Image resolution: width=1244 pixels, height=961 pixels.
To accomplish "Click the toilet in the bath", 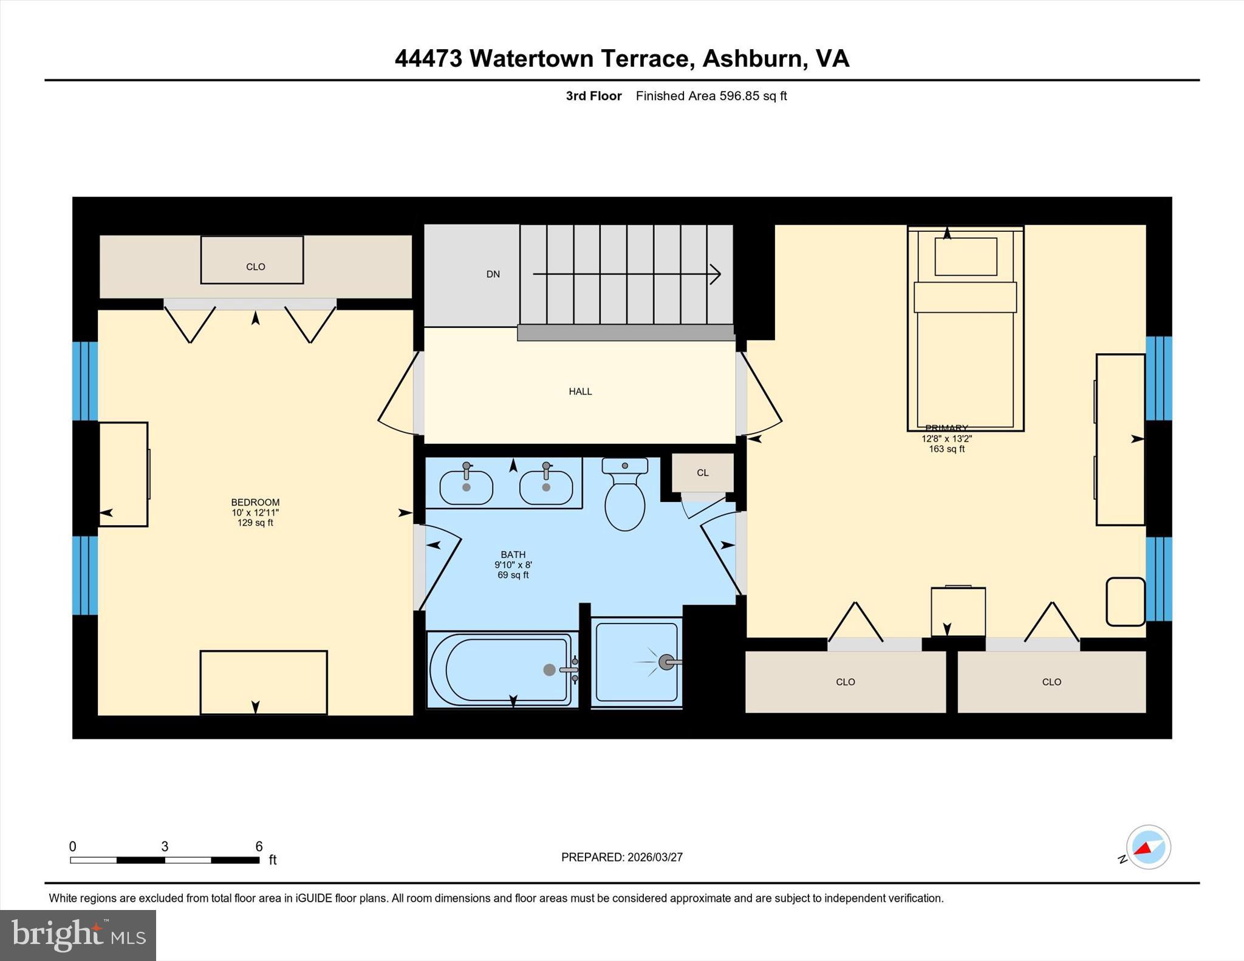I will click(624, 501).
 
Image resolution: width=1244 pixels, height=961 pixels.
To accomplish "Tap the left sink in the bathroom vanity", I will click(466, 487).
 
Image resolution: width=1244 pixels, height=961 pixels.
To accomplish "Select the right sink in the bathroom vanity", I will click(545, 487).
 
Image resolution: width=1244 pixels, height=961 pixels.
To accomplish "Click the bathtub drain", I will click(549, 670).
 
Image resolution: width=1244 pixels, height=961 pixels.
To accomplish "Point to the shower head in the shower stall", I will click(666, 662).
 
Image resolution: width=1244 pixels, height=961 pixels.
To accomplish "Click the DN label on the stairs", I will click(493, 274).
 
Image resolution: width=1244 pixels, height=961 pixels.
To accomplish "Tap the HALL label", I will click(580, 392).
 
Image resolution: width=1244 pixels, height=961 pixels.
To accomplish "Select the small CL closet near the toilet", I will click(702, 473).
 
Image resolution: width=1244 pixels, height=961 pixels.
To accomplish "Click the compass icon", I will click(1148, 847).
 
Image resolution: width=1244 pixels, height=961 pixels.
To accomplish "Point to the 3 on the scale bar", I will click(165, 846).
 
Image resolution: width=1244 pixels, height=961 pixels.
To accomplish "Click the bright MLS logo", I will click(78, 935).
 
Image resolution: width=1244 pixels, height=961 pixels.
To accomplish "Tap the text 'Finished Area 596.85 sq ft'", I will click(711, 96).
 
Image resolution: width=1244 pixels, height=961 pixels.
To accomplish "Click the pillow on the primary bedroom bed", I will click(965, 257).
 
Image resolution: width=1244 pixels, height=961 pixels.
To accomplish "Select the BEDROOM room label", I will click(255, 502).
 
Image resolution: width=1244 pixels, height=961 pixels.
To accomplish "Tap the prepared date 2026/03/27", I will click(655, 857).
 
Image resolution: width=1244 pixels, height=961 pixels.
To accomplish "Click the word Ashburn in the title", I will click(750, 59).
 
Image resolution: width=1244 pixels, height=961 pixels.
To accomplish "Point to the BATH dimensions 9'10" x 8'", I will click(513, 565).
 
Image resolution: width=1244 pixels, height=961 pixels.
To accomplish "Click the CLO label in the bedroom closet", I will click(255, 267).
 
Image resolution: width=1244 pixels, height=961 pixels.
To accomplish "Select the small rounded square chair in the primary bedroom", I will click(1125, 601).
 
